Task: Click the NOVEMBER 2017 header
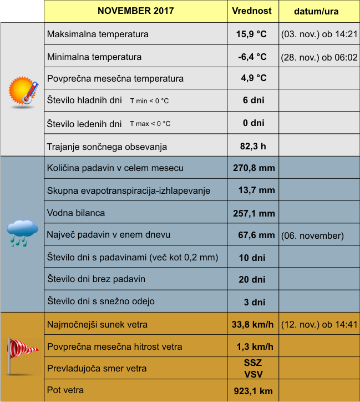(x=135, y=11)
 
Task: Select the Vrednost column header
(x=252, y=11)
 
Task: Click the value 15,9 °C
(x=251, y=34)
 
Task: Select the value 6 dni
(x=253, y=100)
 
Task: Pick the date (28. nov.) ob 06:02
(x=319, y=57)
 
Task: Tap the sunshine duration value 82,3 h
(x=252, y=147)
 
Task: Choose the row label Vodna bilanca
(x=76, y=213)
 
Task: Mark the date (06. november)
(x=312, y=235)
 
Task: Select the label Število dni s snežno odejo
(x=101, y=301)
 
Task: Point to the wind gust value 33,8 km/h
(x=253, y=324)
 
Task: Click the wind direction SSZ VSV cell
(x=253, y=368)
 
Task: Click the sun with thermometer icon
(x=23, y=91)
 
